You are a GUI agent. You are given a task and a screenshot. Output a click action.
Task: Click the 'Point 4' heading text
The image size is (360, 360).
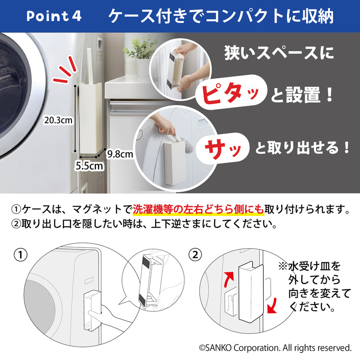click(x=54, y=16)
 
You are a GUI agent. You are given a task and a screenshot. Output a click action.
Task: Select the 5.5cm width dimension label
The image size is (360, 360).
click(x=90, y=165)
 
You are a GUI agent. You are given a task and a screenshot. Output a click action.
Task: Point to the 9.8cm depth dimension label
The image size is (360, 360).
click(x=120, y=154)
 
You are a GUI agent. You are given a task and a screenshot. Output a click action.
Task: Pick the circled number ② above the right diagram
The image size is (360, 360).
click(x=194, y=255)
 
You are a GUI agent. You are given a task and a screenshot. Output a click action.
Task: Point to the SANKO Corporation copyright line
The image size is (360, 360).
click(x=275, y=347)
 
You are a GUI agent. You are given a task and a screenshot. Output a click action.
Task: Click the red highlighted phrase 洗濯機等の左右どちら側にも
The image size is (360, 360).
click(x=198, y=210)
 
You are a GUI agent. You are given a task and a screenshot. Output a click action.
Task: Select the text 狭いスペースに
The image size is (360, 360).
click(x=279, y=55)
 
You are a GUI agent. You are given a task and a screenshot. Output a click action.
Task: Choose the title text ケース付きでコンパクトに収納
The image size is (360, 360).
click(x=220, y=16)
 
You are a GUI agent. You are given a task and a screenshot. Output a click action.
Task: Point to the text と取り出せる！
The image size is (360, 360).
click(x=302, y=148)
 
